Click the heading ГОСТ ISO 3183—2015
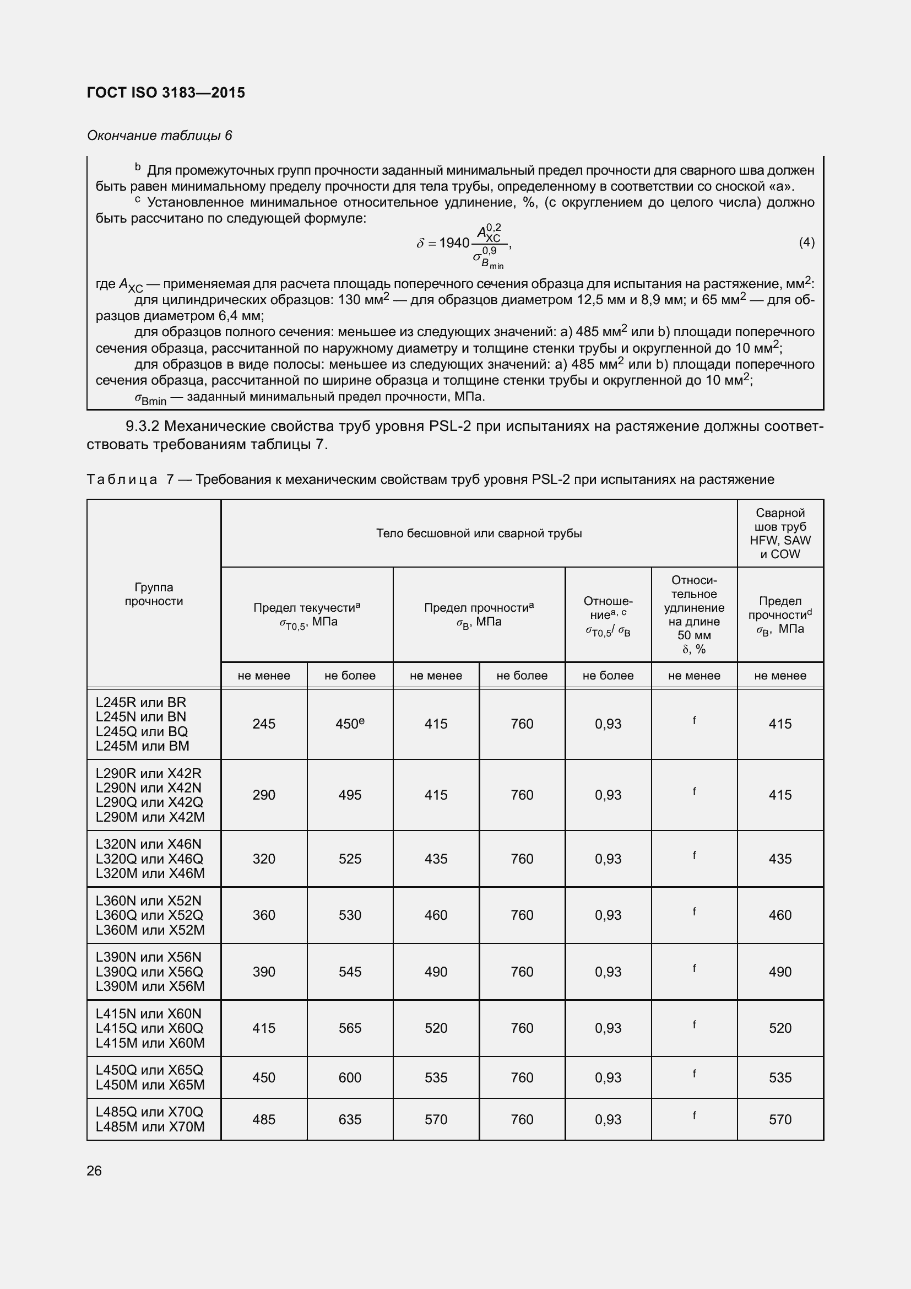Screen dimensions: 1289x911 (166, 93)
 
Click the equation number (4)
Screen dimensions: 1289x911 (806, 242)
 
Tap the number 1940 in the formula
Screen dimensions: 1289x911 (454, 242)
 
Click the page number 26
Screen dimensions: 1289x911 (94, 1171)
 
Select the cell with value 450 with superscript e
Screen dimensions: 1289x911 (350, 724)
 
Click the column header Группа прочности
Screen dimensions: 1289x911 (154, 594)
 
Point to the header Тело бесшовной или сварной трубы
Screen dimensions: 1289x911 (479, 533)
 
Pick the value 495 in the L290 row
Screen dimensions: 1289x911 (350, 795)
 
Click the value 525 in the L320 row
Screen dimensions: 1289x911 (350, 859)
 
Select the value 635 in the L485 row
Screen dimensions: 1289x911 (350, 1119)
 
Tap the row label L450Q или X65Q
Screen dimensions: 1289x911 (149, 1070)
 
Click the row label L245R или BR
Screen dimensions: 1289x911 (141, 702)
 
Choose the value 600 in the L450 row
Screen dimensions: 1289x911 (350, 1077)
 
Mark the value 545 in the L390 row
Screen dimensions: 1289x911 (350, 972)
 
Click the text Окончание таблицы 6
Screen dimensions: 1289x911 (159, 136)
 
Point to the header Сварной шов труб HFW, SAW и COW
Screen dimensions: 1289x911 (780, 533)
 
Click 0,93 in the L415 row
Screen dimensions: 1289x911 (608, 1028)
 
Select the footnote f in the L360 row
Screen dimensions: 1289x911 (694, 911)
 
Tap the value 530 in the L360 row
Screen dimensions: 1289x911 (350, 915)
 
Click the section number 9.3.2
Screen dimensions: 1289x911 (143, 426)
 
